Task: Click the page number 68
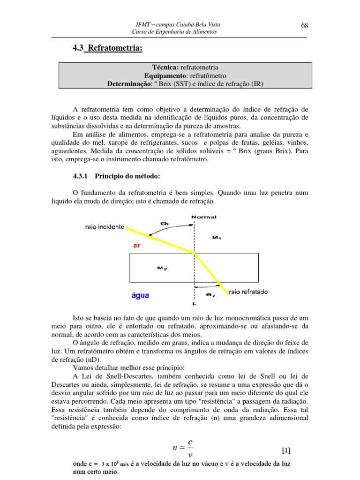(x=304, y=25)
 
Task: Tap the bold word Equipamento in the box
(x=165, y=75)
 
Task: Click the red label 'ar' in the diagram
(x=137, y=245)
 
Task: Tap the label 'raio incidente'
(x=105, y=226)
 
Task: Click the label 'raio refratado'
(x=248, y=292)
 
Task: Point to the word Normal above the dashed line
(x=204, y=217)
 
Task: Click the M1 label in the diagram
(x=217, y=238)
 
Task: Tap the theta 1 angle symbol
(x=165, y=223)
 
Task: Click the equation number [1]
(x=285, y=451)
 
